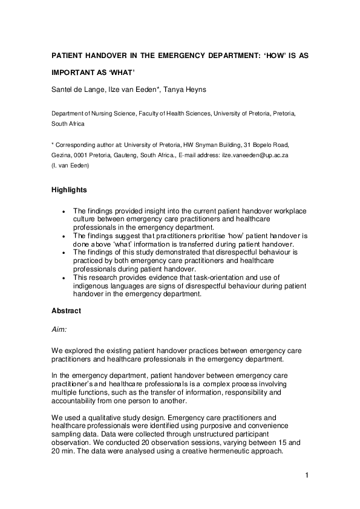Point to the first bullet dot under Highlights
click(x=65, y=210)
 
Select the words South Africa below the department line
click(x=68, y=123)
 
